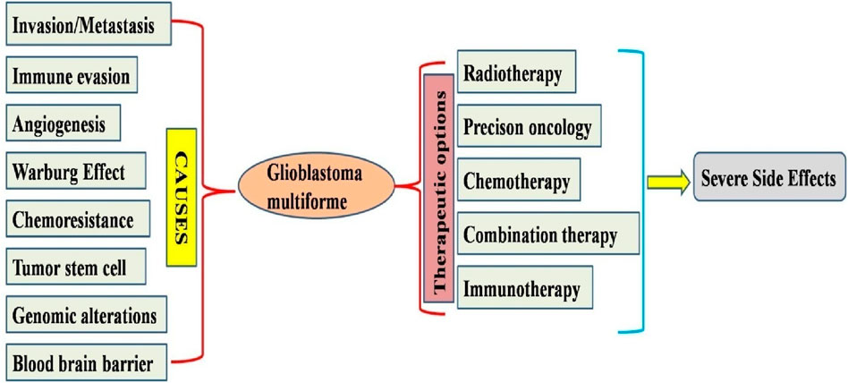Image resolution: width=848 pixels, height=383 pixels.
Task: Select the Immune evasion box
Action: coord(72,76)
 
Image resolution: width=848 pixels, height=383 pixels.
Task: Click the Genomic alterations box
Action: coord(85,315)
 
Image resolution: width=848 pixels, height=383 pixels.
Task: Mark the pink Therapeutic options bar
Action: coord(439,187)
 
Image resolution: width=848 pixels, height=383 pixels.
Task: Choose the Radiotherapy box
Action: coord(513,74)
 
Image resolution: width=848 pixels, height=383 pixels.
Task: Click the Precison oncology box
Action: coord(528,128)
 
